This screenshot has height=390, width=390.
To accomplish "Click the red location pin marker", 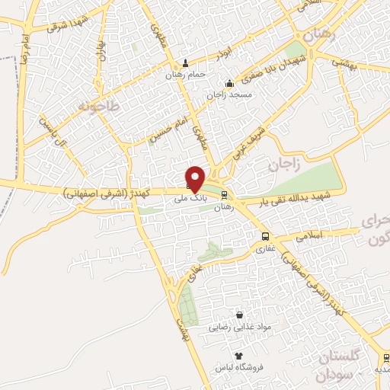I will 195,178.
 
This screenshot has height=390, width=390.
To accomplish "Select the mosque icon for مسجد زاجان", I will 229,84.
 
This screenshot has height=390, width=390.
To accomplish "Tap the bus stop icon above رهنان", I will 222,196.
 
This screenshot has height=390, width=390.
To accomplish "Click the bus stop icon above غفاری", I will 265,236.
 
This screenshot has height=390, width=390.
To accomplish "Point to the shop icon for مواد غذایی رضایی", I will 241,315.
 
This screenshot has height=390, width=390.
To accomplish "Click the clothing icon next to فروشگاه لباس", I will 239,356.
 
